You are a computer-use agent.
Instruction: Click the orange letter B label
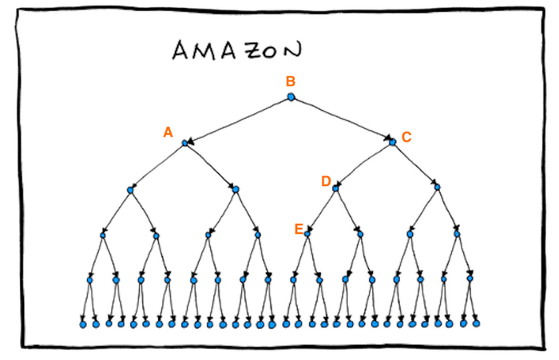point(291,81)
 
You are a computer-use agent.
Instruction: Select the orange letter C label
point(406,136)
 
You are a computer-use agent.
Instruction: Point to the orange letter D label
point(326,182)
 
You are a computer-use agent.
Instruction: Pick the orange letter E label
point(299,229)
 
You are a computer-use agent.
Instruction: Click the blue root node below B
point(291,97)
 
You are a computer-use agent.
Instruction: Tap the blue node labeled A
point(184,143)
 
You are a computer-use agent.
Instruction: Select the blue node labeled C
point(392,142)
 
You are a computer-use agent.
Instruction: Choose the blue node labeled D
point(335,188)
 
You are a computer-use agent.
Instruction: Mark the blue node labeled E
point(307,234)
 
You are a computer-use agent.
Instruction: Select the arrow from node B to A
point(238,120)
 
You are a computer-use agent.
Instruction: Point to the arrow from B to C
point(342,120)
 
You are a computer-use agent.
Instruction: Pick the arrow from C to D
point(363,165)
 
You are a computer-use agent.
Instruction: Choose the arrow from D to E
point(321,212)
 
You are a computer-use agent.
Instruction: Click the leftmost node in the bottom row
point(83,324)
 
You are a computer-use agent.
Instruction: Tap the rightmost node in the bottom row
point(478,323)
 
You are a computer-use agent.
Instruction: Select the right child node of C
point(437,188)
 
